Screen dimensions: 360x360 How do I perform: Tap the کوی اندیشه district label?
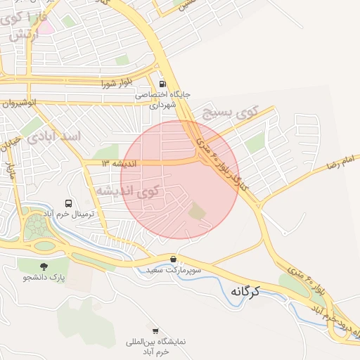tap(138, 190)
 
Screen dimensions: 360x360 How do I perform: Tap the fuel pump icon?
tap(162, 81)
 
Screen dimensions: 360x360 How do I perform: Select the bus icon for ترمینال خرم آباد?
tap(68, 202)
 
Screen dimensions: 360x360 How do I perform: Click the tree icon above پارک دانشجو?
tap(44, 266)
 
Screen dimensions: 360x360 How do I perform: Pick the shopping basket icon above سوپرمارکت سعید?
tap(174, 259)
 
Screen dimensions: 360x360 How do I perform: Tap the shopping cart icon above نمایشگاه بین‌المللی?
tap(155, 330)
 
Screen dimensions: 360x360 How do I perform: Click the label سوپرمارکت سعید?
tap(174, 270)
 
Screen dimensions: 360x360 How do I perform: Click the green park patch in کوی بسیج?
tap(255, 143)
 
